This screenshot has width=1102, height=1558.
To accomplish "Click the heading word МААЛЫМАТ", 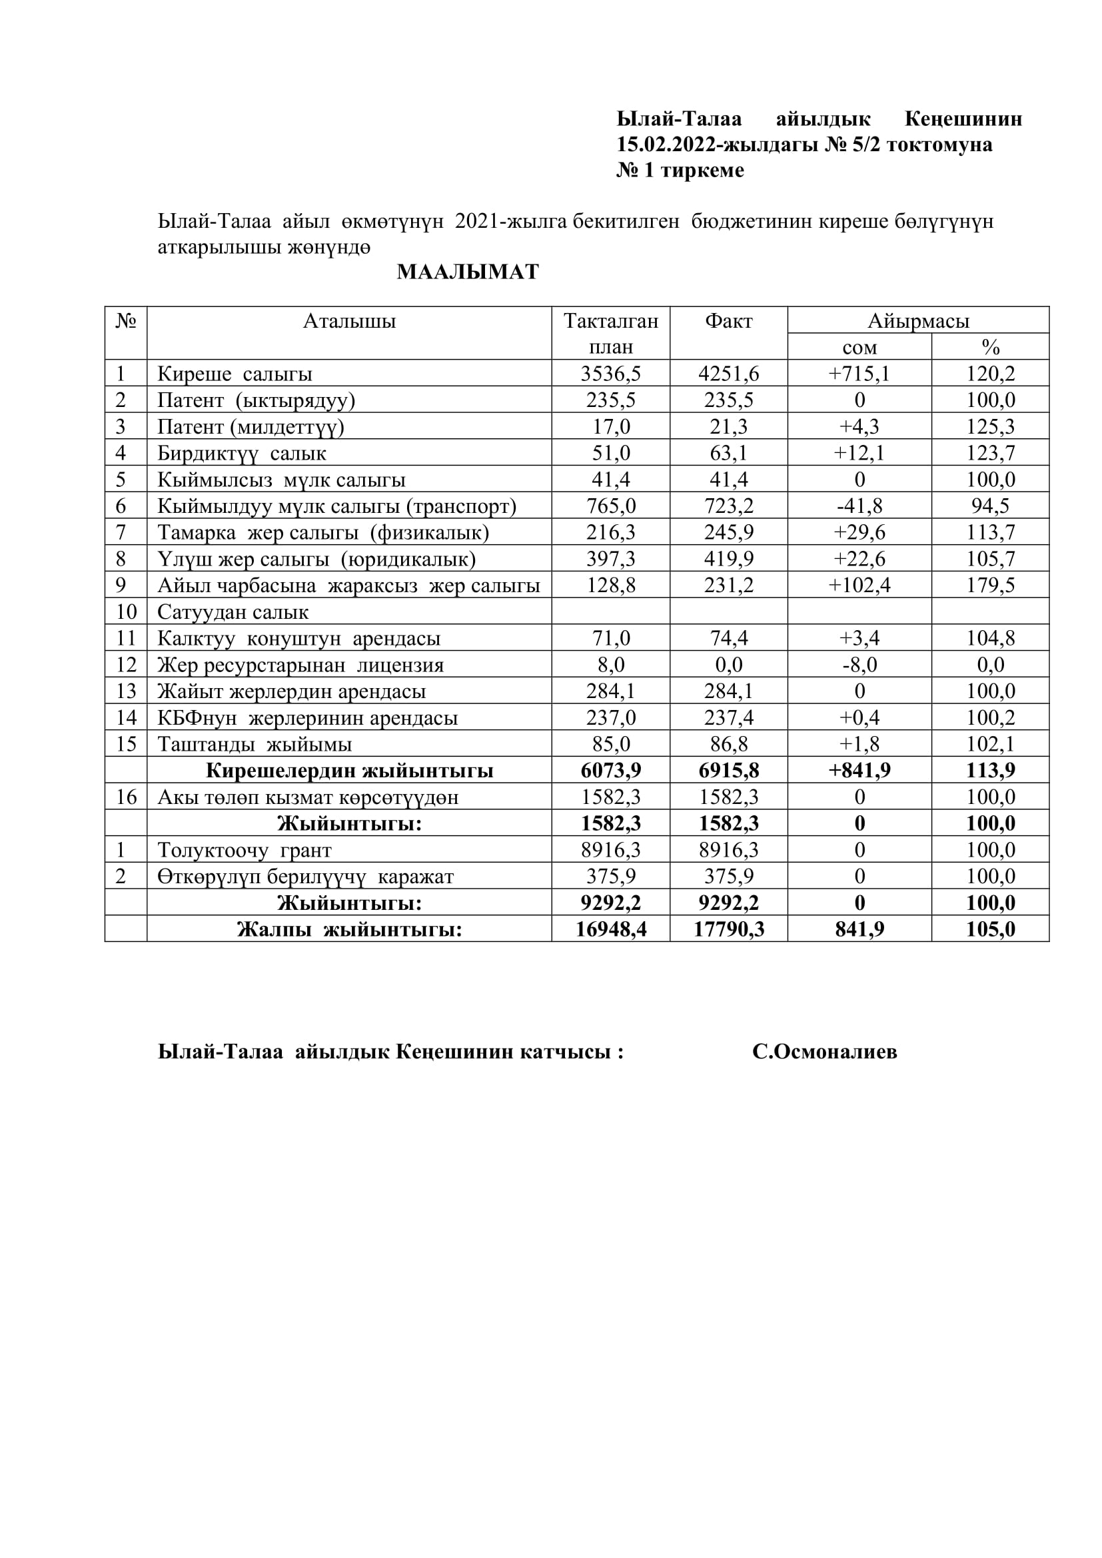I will click(468, 272).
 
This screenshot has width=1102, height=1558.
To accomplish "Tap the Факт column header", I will click(728, 321).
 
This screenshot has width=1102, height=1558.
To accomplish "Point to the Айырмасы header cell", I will click(917, 321).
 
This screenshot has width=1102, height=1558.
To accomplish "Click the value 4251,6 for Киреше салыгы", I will click(728, 374).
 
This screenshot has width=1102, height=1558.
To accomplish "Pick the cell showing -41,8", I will click(859, 506).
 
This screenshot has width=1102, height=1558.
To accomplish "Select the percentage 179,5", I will click(990, 585).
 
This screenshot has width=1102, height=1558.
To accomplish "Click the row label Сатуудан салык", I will click(233, 612).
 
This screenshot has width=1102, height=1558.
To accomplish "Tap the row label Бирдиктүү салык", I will click(242, 454).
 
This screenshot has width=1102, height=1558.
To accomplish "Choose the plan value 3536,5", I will click(611, 374).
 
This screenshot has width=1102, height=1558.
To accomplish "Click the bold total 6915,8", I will click(728, 771).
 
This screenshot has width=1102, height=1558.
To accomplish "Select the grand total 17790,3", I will click(728, 930).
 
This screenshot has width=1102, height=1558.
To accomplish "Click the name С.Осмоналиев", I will click(824, 1052).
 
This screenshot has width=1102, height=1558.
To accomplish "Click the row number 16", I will click(126, 797).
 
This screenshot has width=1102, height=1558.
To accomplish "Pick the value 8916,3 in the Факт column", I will click(728, 850).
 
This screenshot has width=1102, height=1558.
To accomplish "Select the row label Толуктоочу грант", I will click(245, 850).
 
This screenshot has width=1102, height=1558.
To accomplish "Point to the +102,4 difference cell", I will click(859, 585).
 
